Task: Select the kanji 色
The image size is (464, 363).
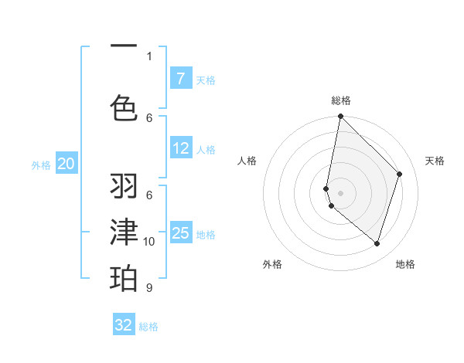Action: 124,107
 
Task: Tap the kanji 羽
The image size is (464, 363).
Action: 124,186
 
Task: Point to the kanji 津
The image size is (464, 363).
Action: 124,232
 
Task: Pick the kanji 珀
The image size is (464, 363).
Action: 124,277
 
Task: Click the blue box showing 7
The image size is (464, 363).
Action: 180,79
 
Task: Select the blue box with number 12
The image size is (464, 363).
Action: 180,149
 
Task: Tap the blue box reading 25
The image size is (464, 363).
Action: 180,233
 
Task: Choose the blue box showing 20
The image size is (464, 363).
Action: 67,164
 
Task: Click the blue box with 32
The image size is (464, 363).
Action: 124,325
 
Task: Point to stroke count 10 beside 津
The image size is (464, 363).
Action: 149,242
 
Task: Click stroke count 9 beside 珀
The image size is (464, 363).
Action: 149,288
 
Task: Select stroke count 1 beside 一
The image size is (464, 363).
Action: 149,56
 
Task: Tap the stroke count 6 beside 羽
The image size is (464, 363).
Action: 149,195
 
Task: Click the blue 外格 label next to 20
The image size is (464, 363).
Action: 41,165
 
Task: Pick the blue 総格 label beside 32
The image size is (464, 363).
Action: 148,327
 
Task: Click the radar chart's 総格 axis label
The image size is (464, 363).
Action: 341,101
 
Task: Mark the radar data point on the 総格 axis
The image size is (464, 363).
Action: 340,117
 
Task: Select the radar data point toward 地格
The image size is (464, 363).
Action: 377,244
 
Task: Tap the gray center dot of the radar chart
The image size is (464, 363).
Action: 340,192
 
